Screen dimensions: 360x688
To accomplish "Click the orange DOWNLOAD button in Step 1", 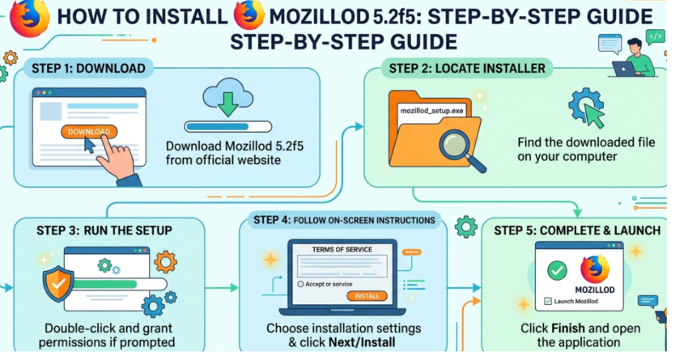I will point(88,132).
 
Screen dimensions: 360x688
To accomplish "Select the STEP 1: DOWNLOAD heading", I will point(84,68).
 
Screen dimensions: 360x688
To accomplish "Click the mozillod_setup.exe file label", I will point(432,110).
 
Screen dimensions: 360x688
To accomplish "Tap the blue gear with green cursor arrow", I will point(588,108).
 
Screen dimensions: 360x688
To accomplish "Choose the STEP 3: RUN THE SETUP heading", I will point(104,231).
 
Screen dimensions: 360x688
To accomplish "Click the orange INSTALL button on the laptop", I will point(367,296).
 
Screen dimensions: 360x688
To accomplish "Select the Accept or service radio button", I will point(301,285).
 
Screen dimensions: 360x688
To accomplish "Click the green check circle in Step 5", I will point(557,271).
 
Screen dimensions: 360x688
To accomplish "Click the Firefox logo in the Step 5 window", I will point(596,269).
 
